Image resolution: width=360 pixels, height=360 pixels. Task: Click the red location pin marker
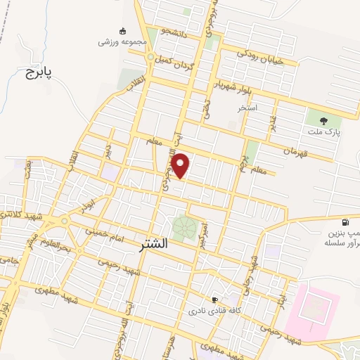pos(181,165)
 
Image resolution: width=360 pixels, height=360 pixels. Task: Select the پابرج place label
pos(40,72)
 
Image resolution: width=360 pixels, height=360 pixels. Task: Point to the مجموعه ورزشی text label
pos(123,41)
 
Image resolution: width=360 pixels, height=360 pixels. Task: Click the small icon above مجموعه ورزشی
pos(123,31)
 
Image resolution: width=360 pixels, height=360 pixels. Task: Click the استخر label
pos(247,108)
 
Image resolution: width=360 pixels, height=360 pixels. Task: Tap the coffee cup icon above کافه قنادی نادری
pos(216,298)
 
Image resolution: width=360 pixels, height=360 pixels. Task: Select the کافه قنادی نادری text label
pos(216,310)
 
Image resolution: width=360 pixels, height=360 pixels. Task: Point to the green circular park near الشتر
pos(185,229)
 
